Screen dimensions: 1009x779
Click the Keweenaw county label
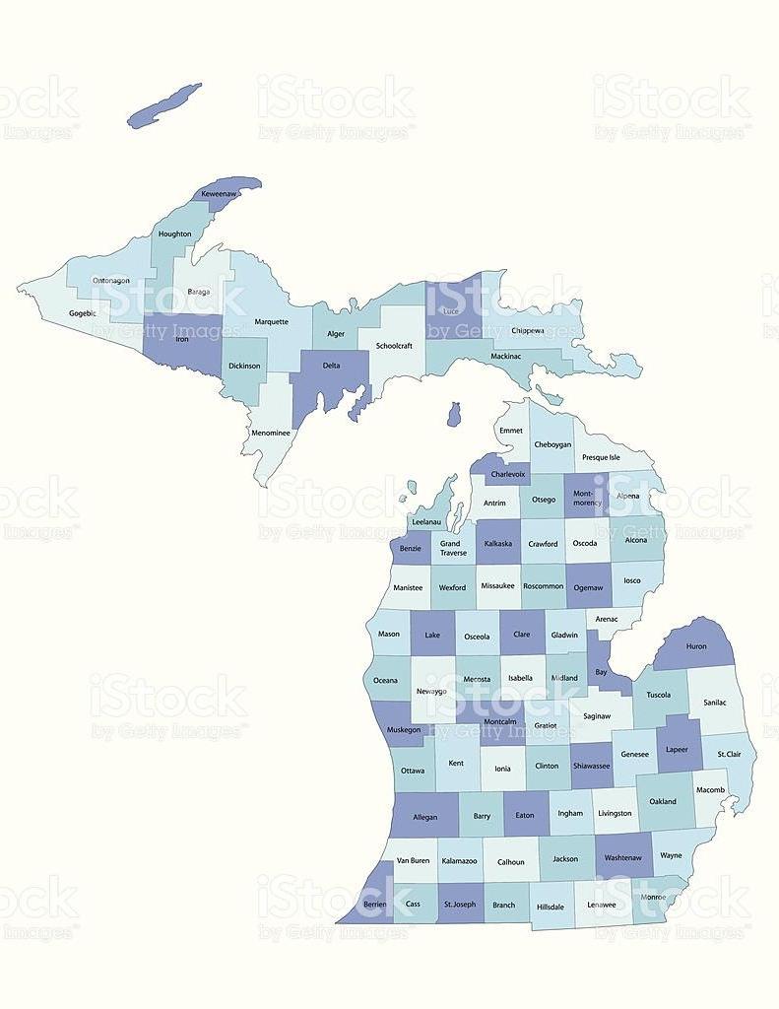pos(219,194)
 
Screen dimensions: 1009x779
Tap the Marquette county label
pos(272,321)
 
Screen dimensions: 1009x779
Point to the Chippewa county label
pos(527,330)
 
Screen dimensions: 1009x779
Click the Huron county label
pos(695,646)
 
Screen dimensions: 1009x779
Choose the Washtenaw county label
pos(622,858)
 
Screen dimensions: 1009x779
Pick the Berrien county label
pos(374,904)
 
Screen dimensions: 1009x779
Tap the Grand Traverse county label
pos(453,548)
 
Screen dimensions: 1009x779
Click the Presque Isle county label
pos(601,457)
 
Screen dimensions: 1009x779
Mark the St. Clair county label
pos(729,754)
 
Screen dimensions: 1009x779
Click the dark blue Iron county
pos(182,350)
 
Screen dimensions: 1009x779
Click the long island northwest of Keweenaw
pos(164,104)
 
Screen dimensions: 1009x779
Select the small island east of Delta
pos(453,414)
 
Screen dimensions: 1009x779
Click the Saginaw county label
pos(597,715)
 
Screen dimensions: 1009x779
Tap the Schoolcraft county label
pos(393,346)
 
